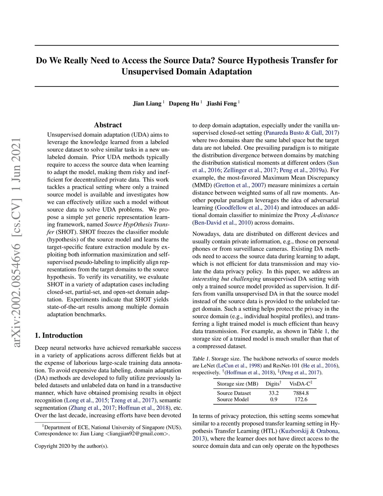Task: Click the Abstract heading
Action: click(x=108, y=125)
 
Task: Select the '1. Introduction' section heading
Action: click(x=58, y=335)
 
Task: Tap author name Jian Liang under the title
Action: click(x=147, y=104)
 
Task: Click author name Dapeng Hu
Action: click(x=184, y=104)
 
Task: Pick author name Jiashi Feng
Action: click(x=221, y=104)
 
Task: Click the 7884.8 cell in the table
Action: click(x=301, y=393)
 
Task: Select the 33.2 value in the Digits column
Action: click(x=273, y=393)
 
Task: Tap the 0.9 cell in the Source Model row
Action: click(x=273, y=399)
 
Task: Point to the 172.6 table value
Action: click(x=301, y=399)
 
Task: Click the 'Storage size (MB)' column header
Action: click(x=238, y=384)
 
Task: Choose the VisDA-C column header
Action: click(x=300, y=384)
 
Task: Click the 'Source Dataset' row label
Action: click(x=234, y=393)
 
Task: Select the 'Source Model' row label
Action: click(x=233, y=399)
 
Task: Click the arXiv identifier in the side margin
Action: click(x=17, y=243)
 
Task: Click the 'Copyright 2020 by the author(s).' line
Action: click(x=71, y=446)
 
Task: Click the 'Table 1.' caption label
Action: click(x=201, y=359)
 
